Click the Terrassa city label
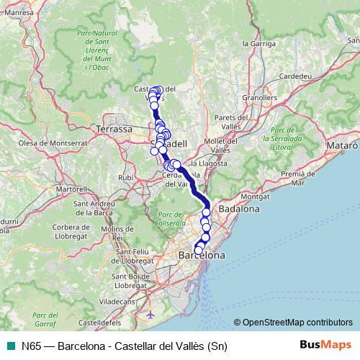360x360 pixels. pyautogui.click(x=113, y=129)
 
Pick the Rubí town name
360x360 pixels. pyautogui.click(x=126, y=176)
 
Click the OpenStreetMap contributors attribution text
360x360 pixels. pyautogui.click(x=297, y=323)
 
